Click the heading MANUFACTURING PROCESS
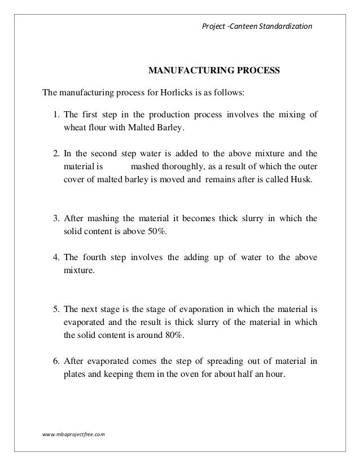pos(213,72)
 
